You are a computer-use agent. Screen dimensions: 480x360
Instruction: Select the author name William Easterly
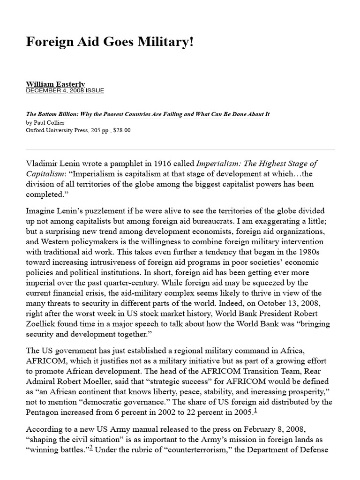pos(55,84)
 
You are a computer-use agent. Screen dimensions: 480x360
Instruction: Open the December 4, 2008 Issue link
pos(65,90)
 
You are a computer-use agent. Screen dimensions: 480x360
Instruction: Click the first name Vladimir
pos(42,164)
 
